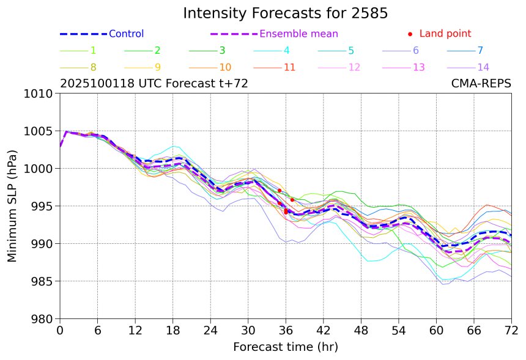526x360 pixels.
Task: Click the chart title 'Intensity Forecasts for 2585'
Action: pos(285,13)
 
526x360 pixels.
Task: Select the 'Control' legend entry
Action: pos(126,34)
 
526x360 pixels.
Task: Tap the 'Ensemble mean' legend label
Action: pos(298,34)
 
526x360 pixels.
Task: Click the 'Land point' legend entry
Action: pos(445,34)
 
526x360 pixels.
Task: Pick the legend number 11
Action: pos(290,67)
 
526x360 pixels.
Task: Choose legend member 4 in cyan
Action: pos(287,51)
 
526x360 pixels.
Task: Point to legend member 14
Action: pos(483,67)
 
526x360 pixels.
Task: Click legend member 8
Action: pos(93,67)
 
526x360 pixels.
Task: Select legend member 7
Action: pos(480,51)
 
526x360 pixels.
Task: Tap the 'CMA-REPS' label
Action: pos(481,84)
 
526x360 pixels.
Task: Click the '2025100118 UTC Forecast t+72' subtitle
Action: pos(154,84)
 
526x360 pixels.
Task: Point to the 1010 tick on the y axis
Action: pos(41,94)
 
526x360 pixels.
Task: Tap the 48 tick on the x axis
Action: pos(361,331)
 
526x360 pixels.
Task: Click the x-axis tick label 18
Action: pos(172,331)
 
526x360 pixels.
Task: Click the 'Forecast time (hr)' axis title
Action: pos(285,347)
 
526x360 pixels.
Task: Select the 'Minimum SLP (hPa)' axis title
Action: pos(13,206)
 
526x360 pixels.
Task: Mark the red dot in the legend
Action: pos(410,34)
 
